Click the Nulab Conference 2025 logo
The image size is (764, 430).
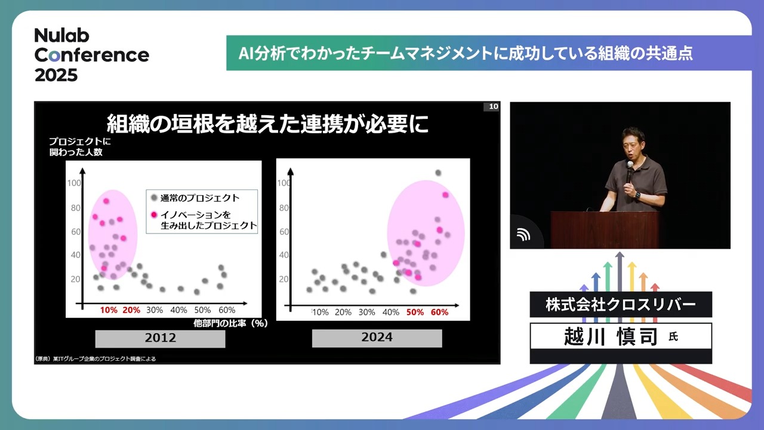92,55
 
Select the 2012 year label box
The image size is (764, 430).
160,338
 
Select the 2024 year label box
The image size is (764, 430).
377,338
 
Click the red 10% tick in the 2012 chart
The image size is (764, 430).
109,310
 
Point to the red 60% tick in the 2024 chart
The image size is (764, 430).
439,312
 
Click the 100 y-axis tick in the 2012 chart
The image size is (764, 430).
74,183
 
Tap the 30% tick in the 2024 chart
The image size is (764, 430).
366,312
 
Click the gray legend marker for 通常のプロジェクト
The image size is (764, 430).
154,198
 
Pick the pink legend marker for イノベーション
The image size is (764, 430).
154,214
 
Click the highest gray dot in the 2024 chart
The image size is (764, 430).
438,173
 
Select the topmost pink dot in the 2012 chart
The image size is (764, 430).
106,201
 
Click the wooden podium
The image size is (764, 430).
605,230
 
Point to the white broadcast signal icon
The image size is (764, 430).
523,235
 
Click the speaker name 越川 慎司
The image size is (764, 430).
611,336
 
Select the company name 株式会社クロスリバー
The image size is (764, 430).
621,305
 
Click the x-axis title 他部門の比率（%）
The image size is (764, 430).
230,323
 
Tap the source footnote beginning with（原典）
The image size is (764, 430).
95,359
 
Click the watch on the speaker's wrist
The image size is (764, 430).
637,195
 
